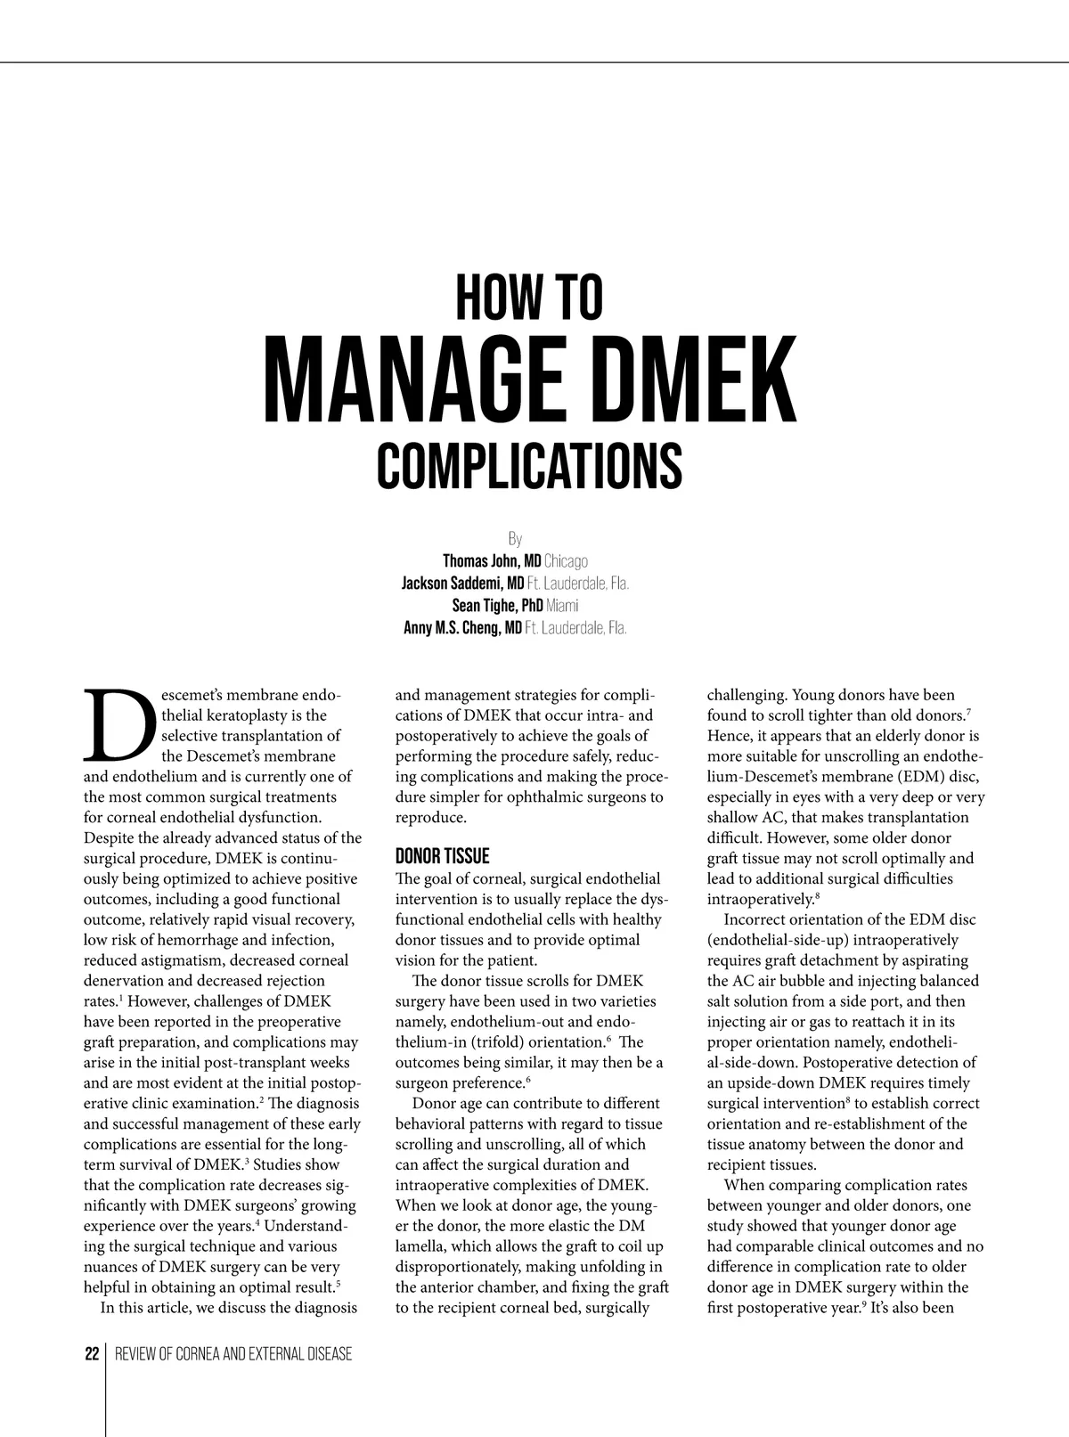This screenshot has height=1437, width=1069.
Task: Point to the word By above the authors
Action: (515, 539)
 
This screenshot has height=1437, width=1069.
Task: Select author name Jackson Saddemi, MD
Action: (462, 584)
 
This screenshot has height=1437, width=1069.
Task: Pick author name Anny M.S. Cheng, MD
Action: (462, 628)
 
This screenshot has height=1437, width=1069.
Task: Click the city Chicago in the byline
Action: (566, 561)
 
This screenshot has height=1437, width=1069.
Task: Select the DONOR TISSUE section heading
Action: (442, 856)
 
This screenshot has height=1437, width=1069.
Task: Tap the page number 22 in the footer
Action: (92, 1354)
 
